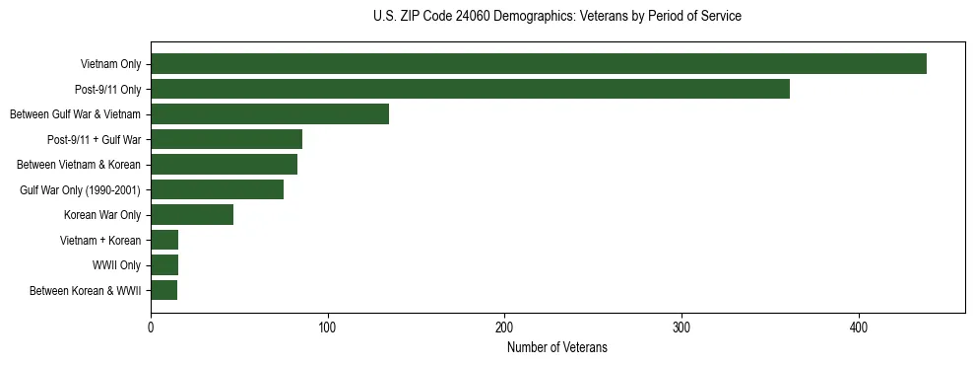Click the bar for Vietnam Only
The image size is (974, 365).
(538, 64)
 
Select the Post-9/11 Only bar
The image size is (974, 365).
(470, 89)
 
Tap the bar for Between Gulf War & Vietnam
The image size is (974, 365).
(270, 114)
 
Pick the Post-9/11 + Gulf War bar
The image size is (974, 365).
(227, 139)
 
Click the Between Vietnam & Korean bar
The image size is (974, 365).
(224, 165)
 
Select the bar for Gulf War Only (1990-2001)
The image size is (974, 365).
(217, 189)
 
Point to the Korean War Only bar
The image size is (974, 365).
(192, 215)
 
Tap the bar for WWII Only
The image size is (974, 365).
(164, 265)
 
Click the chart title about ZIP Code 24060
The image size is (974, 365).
(557, 17)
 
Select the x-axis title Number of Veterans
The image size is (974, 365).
(557, 348)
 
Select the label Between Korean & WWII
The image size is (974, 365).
(86, 291)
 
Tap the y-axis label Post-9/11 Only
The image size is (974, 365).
(107, 90)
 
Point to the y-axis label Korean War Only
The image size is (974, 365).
(102, 215)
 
